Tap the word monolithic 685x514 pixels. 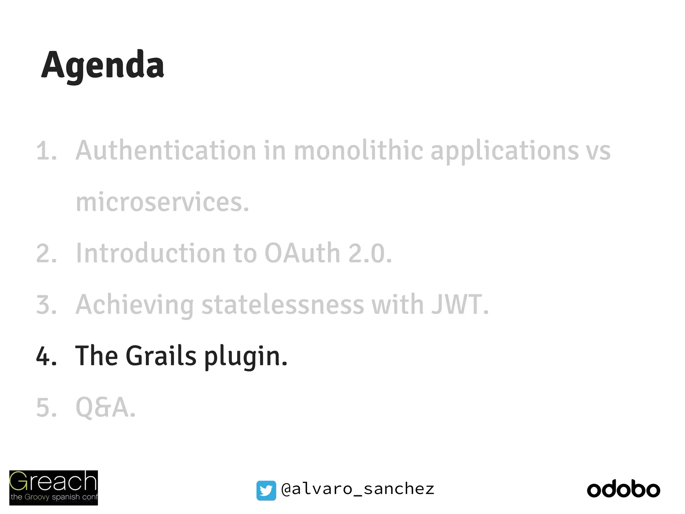pos(358,151)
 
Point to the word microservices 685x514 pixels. pos(162,202)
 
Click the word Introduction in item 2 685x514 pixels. pos(151,253)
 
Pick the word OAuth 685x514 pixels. pos(302,253)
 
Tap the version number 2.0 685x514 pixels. pos(370,253)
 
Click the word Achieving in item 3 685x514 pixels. pos(134,305)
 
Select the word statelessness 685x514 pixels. pos(282,305)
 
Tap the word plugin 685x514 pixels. pos(246,357)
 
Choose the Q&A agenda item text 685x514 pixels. pos(105,407)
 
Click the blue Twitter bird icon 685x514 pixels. pos(266,490)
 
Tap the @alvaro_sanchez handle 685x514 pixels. pos(358,489)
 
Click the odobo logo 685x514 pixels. pos(623,490)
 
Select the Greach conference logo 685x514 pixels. pos(54,488)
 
